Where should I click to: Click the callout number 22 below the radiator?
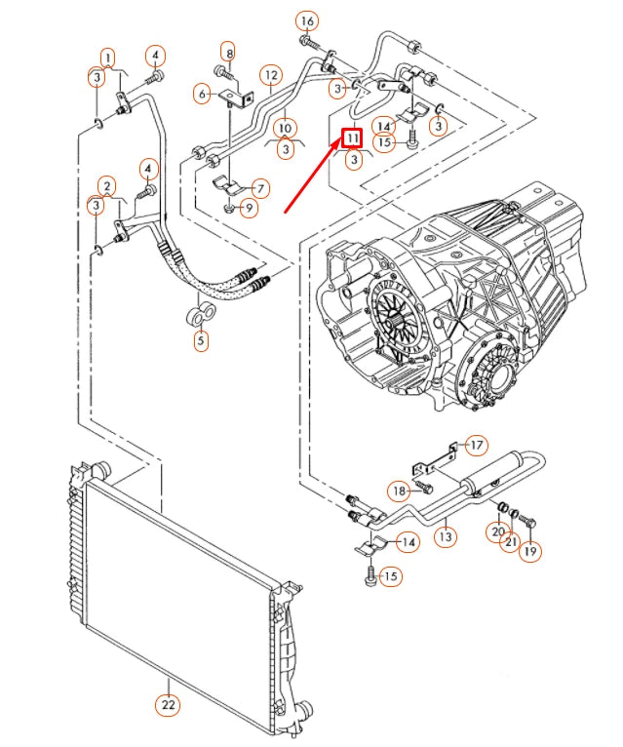[169, 704]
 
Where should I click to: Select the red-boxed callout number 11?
[352, 139]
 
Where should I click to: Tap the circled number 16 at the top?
[306, 20]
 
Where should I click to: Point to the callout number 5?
[200, 340]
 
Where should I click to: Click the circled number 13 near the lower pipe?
[445, 535]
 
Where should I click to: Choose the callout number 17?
[476, 446]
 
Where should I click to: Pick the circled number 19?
[530, 551]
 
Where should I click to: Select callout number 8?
[227, 52]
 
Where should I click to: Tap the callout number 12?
[270, 74]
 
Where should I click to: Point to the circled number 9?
[251, 207]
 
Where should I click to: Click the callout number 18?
[398, 490]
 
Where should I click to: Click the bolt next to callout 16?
[308, 43]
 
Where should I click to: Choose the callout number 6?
[203, 94]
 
